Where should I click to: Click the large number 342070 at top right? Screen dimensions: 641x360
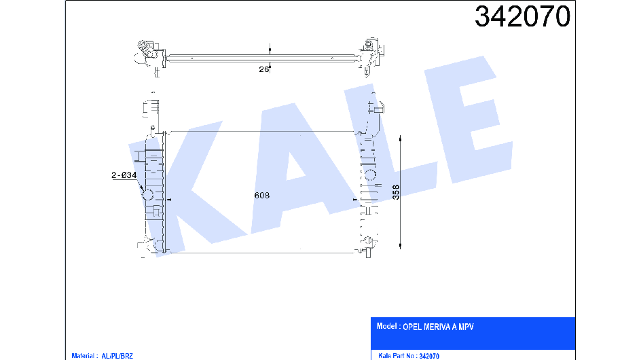tap(522, 16)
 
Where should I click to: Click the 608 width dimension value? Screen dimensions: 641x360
tap(261, 196)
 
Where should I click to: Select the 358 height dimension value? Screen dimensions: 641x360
tap(396, 192)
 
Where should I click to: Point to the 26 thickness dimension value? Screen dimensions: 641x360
tap(263, 69)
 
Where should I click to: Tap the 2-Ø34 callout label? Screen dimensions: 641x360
tap(124, 175)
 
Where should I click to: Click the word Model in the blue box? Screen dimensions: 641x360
tap(386, 326)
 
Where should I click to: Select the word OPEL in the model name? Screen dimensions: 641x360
tap(412, 327)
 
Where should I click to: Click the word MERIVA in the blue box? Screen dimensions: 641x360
tap(437, 327)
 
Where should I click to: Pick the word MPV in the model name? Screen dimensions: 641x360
tap(466, 327)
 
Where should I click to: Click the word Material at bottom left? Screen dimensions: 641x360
tap(83, 356)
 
